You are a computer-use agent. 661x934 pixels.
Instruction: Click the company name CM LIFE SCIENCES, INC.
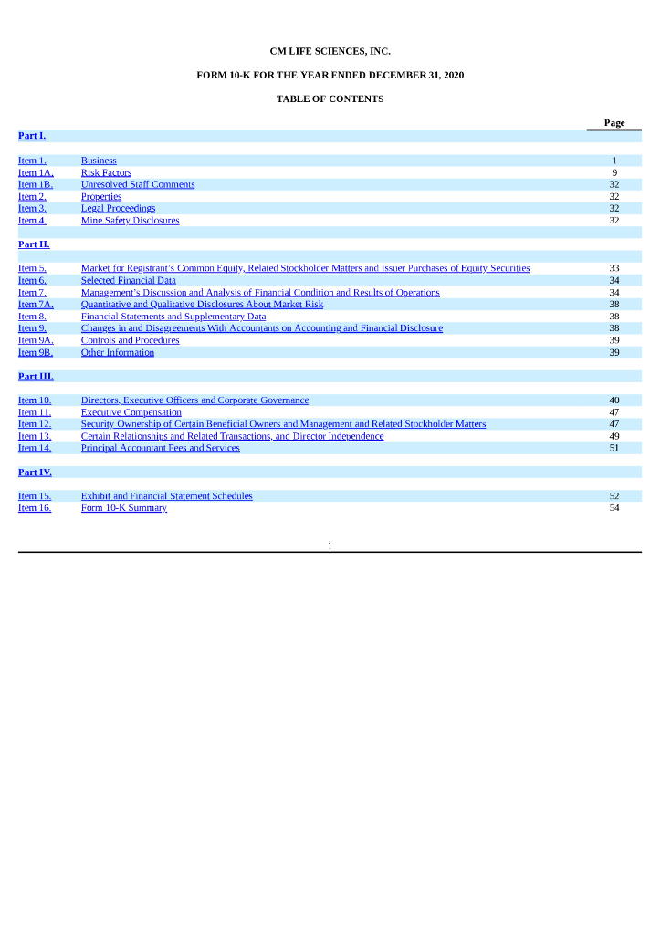(330, 52)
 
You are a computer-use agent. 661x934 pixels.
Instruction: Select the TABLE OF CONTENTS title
(330, 99)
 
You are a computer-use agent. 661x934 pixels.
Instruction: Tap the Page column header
(614, 123)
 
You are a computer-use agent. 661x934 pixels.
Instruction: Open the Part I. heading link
(32, 136)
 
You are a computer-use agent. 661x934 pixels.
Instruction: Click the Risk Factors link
(106, 172)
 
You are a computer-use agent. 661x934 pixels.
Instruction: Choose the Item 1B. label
(36, 184)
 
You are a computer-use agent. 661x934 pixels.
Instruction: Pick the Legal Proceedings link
(118, 208)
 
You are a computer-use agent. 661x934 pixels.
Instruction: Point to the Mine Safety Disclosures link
(130, 220)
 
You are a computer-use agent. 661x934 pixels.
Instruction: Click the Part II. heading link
(34, 244)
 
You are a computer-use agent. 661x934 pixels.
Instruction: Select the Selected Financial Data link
(128, 280)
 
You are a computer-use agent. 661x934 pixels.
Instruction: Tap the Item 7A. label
(36, 304)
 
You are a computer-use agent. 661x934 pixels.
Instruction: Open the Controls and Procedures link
(130, 340)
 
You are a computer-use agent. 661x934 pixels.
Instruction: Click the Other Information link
(117, 352)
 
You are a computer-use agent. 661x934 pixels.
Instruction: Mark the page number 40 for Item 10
(614, 400)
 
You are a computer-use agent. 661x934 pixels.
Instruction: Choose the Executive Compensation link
(131, 412)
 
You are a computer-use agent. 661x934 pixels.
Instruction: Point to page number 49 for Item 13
(614, 436)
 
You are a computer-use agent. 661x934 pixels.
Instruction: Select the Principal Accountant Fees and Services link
(160, 448)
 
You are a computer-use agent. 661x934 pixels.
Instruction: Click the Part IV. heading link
(35, 472)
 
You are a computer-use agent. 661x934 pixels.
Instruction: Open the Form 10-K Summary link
(123, 508)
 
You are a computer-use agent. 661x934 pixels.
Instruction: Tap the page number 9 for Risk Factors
(614, 172)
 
